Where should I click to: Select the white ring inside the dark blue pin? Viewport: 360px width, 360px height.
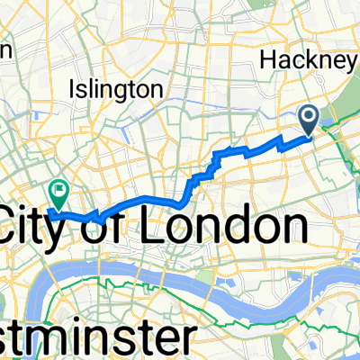(x=309, y=115)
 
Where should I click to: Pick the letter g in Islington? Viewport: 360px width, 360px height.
(x=125, y=93)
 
